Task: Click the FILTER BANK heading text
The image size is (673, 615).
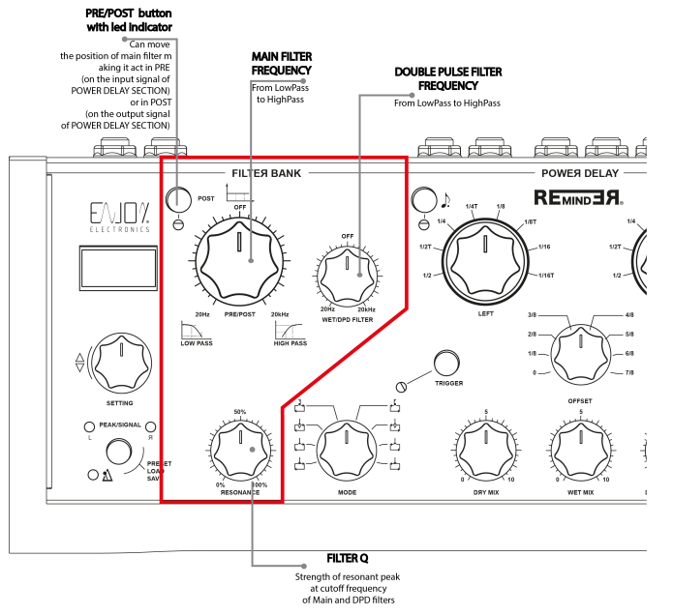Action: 266,173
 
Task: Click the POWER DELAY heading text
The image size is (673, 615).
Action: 579,173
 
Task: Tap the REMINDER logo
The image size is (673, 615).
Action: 578,198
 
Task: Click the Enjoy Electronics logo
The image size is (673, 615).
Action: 120,217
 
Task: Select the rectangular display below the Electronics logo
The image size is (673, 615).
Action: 118,268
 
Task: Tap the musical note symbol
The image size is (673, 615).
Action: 445,200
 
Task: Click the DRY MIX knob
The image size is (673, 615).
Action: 485,445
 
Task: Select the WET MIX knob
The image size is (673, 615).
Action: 579,445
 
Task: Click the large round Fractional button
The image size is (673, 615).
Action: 120,452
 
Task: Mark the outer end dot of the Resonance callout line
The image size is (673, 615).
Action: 303,566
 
